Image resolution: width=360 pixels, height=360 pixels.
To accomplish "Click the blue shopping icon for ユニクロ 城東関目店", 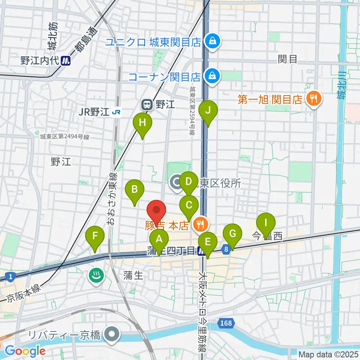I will (x=213, y=42).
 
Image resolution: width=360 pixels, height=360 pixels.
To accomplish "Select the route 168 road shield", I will (x=226, y=322).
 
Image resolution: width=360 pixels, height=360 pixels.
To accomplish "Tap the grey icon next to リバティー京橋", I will (x=111, y=334).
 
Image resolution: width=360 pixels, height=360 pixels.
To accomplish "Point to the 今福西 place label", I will (x=267, y=236).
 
